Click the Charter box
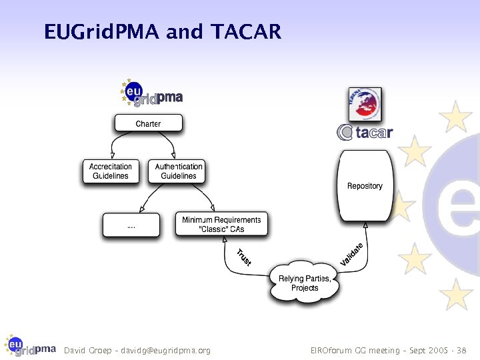pos(148,123)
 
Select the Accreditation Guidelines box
pos(111,171)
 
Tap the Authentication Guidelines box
pos(178,171)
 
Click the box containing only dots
pos(131,225)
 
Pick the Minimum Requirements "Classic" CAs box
pos(221,225)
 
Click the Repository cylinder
pos(365,186)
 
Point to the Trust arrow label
pos(244,257)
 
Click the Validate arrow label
pos(352,253)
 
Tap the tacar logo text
pos(372,133)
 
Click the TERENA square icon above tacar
pos(365,104)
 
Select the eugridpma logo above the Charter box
pos(151,93)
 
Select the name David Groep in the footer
pos(85,351)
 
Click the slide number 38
pos(463,351)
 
